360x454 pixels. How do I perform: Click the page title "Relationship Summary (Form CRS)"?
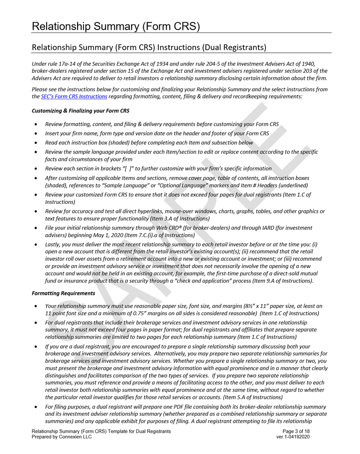116,26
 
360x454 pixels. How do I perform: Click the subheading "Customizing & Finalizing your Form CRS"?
81,110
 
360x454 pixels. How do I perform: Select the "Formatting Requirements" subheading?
63,293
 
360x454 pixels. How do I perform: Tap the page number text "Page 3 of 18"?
296,431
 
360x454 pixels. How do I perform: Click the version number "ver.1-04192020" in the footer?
293,437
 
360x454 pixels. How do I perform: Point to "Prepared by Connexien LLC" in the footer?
62,437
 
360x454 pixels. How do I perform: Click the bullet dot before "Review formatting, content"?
35,125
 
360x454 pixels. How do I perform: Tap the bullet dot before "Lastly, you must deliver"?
35,244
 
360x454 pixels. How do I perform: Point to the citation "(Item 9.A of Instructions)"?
281,281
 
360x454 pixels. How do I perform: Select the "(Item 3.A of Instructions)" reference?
177,219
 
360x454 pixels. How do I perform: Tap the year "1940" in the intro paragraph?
309,64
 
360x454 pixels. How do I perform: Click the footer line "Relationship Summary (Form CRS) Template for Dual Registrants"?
101,431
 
